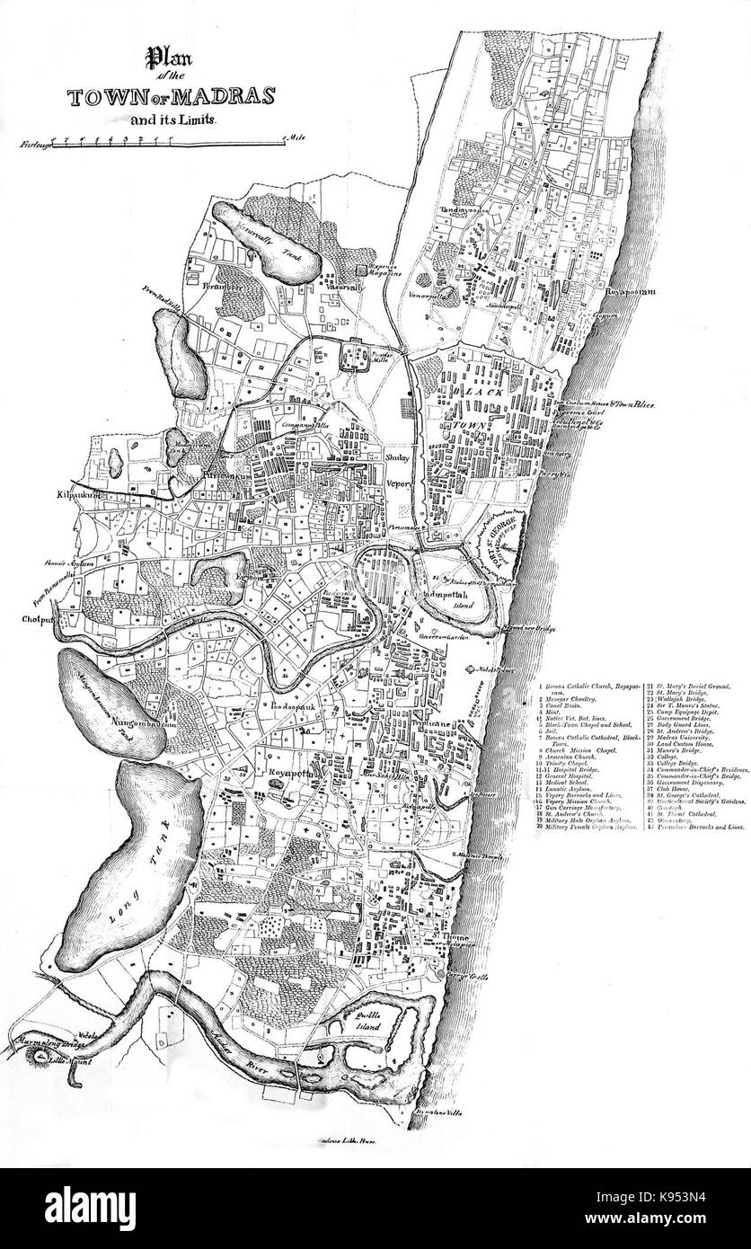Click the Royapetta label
tap(283, 770)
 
